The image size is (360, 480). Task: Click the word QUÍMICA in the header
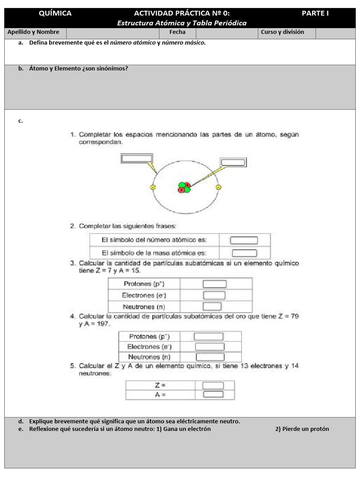tap(55, 14)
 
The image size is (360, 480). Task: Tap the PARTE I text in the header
tap(315, 14)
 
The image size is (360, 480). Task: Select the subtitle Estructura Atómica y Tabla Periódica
tap(181, 23)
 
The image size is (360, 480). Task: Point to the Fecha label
tap(178, 32)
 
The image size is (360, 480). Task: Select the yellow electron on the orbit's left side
tap(152, 187)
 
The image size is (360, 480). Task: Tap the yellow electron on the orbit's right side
tap(218, 187)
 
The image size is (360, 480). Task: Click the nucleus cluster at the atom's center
tap(184, 187)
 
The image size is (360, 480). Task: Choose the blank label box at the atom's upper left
tap(137, 158)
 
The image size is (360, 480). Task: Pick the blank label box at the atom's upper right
tap(233, 163)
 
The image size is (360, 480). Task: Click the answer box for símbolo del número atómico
tap(244, 240)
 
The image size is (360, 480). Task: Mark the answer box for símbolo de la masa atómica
tap(244, 253)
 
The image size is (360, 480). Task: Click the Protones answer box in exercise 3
tap(214, 284)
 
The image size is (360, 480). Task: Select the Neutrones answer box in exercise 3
tap(212, 307)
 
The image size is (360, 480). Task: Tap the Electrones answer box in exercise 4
tap(210, 347)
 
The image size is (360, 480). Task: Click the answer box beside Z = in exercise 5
tap(213, 385)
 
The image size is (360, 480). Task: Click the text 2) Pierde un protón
tap(302, 429)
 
